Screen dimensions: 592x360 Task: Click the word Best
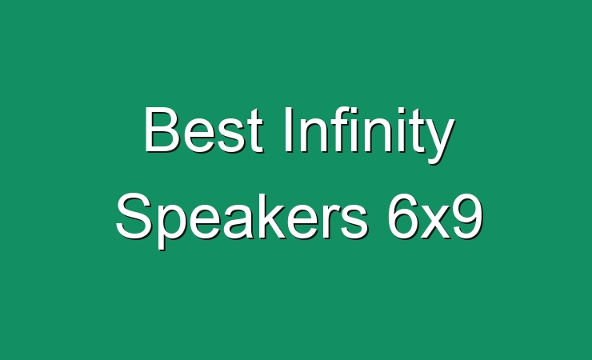(203, 130)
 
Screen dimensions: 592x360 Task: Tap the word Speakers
(242, 219)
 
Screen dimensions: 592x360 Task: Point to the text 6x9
(435, 216)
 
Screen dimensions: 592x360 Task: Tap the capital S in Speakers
(134, 216)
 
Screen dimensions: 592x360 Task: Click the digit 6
(403, 216)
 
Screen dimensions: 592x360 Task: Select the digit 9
(468, 216)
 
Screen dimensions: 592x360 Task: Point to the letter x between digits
(436, 222)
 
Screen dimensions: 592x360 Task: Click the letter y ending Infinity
(439, 141)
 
